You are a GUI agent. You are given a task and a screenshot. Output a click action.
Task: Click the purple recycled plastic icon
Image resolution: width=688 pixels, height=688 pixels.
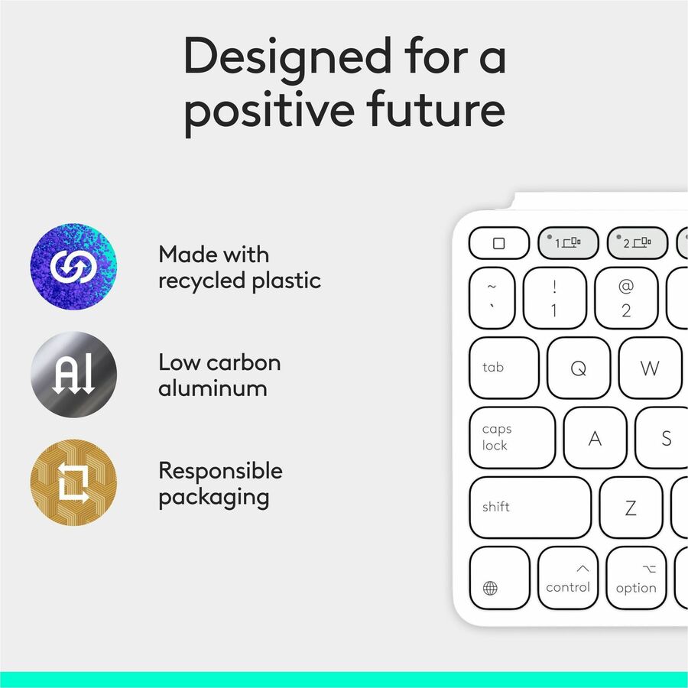coord(73,267)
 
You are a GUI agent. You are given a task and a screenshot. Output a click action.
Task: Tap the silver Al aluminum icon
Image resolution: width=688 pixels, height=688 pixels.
coord(73,375)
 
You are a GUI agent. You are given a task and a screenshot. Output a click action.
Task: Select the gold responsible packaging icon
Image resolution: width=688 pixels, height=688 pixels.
coord(73,482)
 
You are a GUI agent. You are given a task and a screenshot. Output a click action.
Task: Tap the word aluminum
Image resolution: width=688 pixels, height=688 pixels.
coord(213,388)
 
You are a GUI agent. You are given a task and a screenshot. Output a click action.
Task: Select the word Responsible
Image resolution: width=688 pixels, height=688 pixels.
coord(220,471)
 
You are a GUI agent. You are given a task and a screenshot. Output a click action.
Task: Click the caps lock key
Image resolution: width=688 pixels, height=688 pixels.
coord(511,437)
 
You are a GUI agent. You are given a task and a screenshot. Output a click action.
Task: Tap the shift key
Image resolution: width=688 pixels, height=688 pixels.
coord(530,508)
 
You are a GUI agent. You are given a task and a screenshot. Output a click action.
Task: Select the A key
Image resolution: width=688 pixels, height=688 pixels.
coord(596,438)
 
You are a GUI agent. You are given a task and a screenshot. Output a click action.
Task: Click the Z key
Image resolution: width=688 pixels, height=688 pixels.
coord(631,508)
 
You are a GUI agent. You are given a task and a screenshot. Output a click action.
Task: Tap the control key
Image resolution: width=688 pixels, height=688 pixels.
coord(568,579)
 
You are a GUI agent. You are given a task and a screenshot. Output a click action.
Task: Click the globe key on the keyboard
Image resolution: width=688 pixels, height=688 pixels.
coord(499,579)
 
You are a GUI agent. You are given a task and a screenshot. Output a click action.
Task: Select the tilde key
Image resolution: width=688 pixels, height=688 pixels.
coord(492,298)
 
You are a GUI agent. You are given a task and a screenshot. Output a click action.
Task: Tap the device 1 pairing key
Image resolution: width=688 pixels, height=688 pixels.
coord(568,243)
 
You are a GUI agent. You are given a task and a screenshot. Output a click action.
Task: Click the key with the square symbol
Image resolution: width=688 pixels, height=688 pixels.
coord(499,243)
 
